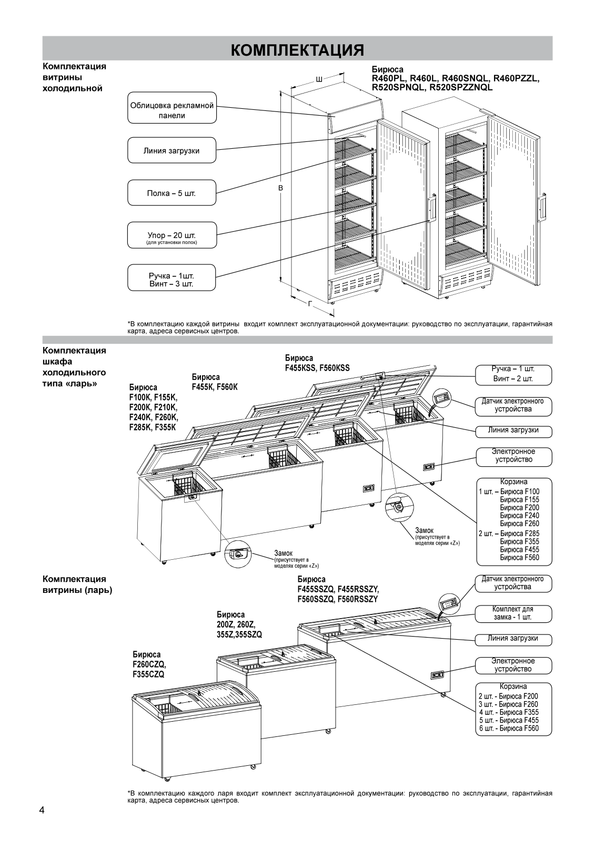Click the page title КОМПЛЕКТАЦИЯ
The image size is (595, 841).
click(297, 49)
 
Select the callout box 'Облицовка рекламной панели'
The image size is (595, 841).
click(172, 110)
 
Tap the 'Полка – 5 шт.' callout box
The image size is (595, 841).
click(172, 193)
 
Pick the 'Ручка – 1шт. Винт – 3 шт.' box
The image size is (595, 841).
click(172, 280)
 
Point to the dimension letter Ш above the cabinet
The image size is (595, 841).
click(319, 79)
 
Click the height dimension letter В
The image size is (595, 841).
click(281, 188)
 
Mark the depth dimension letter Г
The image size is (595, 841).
click(310, 303)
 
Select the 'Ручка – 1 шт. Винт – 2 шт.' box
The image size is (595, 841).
click(513, 374)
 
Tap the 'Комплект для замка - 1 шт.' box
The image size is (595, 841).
click(513, 613)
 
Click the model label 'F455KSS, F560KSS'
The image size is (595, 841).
click(317, 368)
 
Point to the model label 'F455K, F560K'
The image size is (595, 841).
click(214, 387)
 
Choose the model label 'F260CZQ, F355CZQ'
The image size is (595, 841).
click(149, 669)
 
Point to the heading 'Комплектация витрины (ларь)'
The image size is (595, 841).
click(77, 584)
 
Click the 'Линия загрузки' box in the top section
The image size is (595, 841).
click(172, 151)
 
